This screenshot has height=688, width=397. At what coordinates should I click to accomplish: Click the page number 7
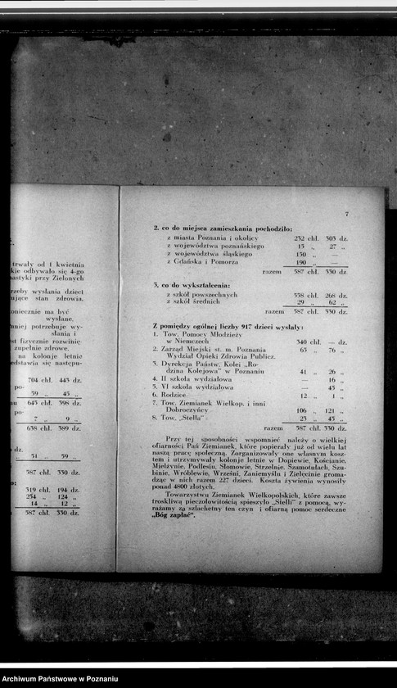point(346,214)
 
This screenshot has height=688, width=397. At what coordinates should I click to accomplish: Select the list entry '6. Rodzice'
point(174,396)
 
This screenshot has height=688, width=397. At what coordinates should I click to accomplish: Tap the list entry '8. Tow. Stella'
point(183,419)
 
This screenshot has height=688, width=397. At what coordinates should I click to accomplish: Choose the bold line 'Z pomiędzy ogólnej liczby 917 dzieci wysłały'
point(228,326)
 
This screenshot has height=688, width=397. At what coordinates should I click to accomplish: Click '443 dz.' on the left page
point(69,380)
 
